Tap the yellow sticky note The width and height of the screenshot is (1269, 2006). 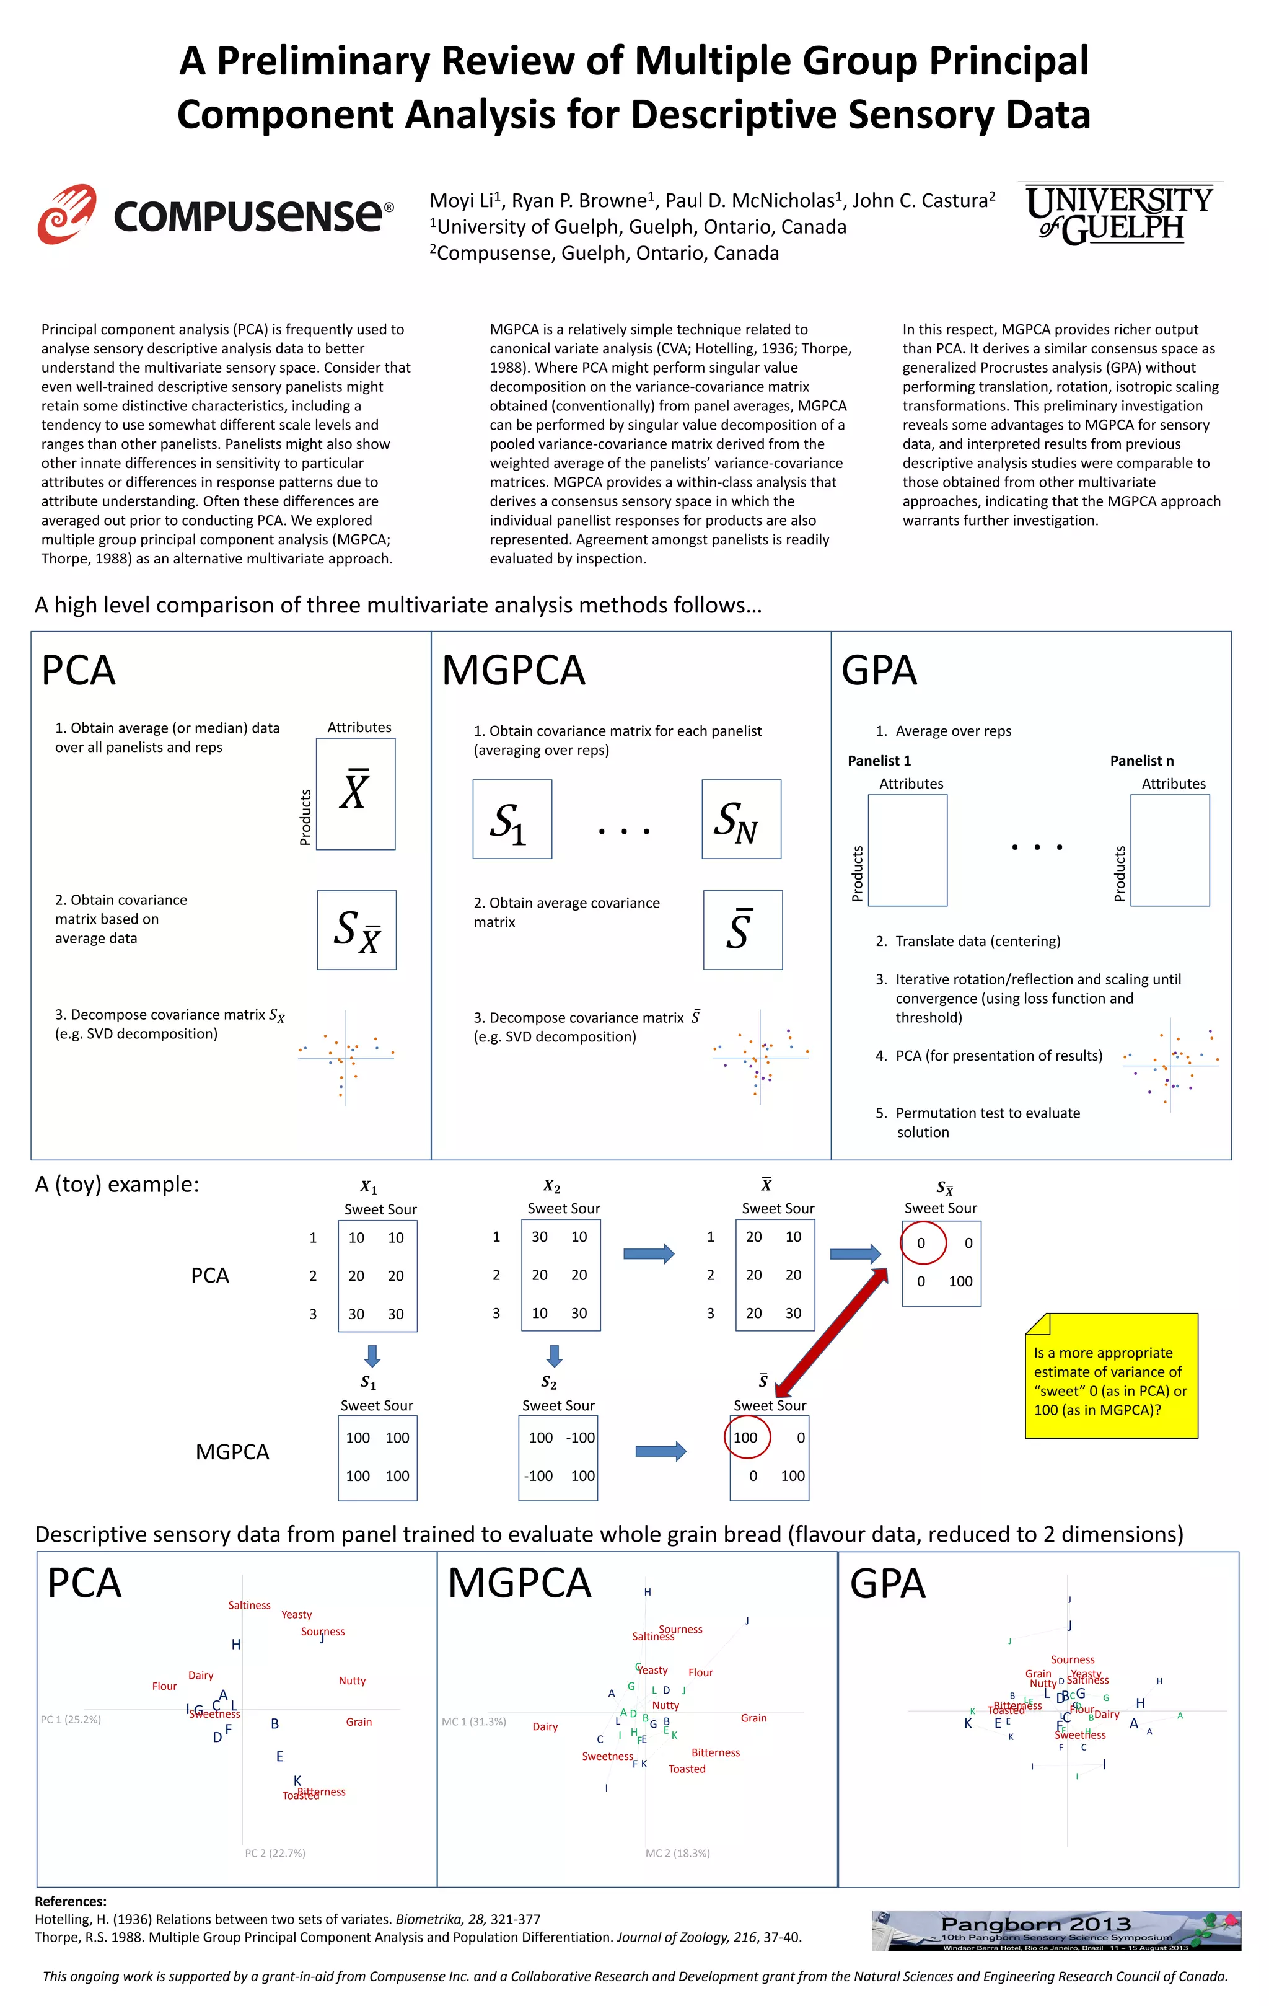pos(1111,1376)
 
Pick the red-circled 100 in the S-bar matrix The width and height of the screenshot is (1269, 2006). pos(746,1437)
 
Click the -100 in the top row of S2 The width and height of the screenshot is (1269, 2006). pos(581,1437)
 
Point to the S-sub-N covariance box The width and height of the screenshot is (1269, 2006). pos(741,819)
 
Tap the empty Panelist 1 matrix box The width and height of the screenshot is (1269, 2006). pos(908,850)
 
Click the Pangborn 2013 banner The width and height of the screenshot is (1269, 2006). pos(1056,1930)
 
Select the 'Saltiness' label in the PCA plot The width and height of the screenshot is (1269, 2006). pos(249,1606)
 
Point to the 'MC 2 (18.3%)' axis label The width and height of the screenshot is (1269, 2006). pos(678,1853)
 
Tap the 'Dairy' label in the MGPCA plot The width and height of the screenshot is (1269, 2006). pos(545,1726)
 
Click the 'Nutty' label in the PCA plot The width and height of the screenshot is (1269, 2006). pos(352,1681)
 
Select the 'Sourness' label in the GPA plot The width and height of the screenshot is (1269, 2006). pos(1073,1659)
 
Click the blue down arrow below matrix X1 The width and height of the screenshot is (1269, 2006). pos(372,1355)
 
